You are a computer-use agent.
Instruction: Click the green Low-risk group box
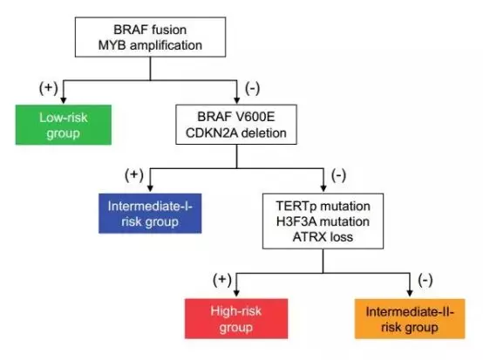click(64, 125)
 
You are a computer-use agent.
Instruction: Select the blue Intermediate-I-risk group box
click(150, 214)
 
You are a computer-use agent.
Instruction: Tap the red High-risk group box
click(236, 319)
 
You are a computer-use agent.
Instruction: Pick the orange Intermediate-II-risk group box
click(410, 319)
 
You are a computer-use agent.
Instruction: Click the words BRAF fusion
click(150, 30)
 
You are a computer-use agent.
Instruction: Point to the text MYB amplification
click(150, 45)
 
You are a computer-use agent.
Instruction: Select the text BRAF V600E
click(236, 117)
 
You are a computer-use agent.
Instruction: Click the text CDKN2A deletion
click(236, 133)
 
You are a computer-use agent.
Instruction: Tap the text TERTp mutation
click(323, 207)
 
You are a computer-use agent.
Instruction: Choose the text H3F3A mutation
click(323, 221)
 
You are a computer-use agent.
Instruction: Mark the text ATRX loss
click(323, 237)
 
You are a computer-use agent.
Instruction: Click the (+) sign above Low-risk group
click(48, 88)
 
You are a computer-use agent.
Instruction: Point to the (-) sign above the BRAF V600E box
click(252, 88)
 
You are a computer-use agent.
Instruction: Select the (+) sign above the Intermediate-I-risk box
click(134, 175)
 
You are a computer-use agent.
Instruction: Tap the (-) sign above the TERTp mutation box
click(338, 176)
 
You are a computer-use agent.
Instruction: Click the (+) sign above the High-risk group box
click(222, 280)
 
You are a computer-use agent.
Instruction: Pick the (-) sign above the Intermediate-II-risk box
click(425, 280)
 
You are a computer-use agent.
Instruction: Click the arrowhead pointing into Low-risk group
click(64, 100)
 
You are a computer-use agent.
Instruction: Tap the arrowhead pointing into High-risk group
click(236, 293)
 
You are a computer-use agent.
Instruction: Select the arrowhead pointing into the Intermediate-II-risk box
click(410, 293)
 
